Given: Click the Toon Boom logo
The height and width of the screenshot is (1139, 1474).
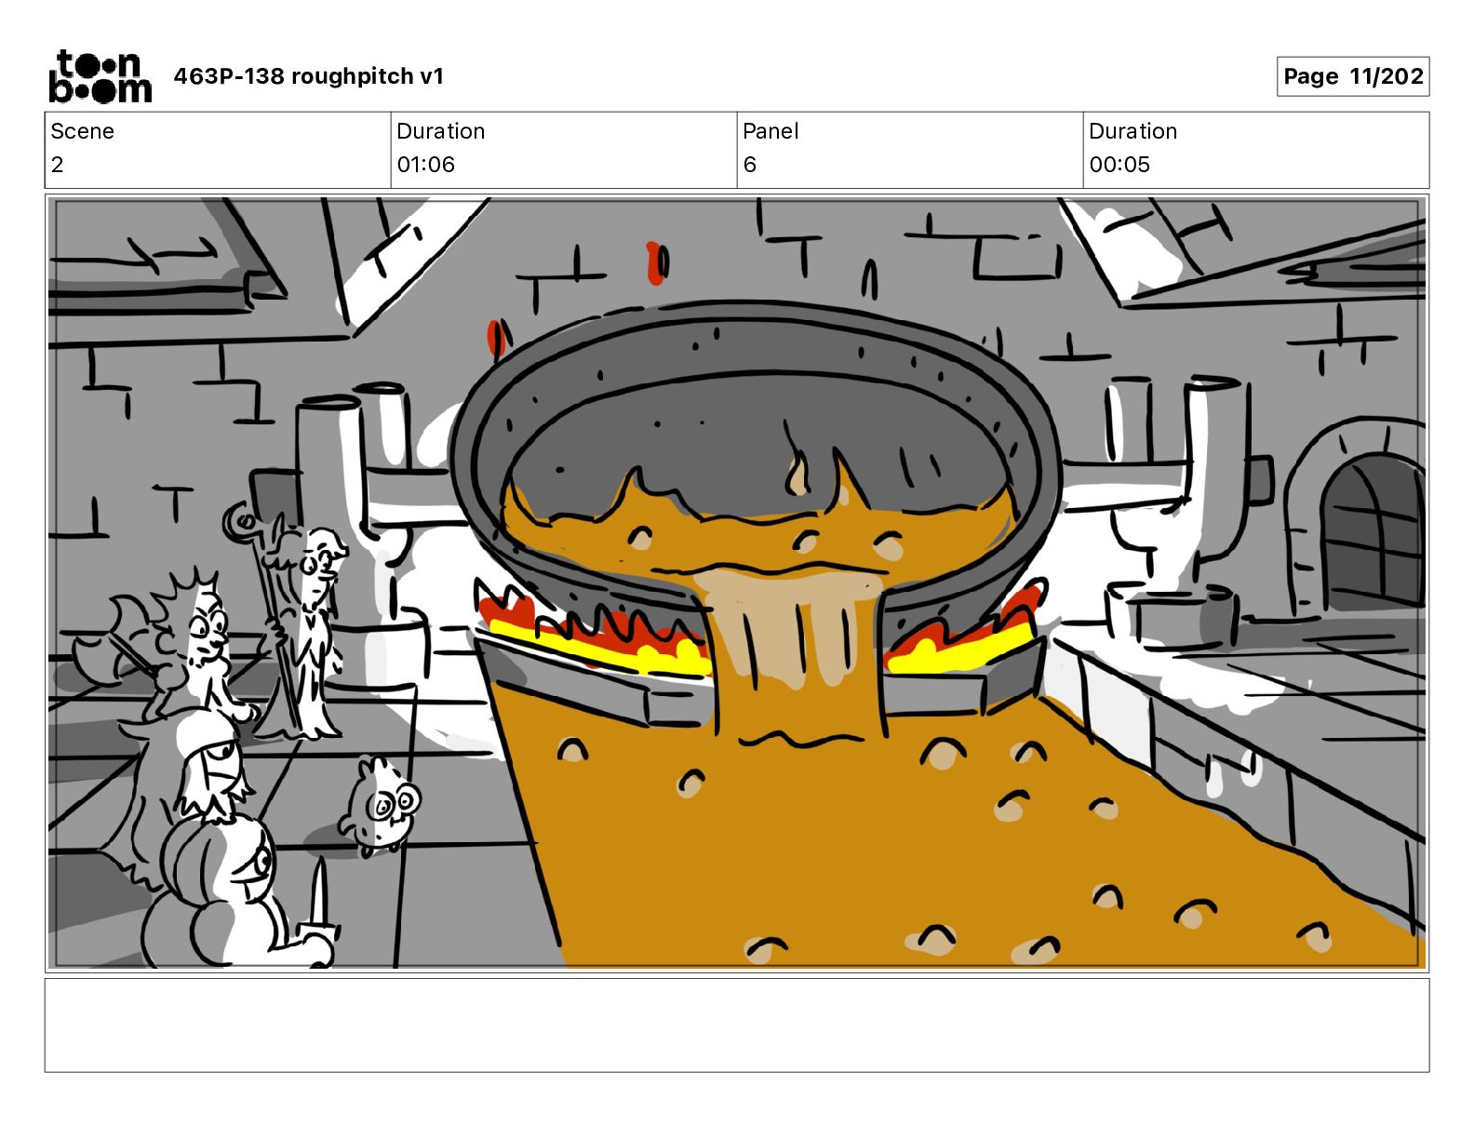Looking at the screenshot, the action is pos(100,76).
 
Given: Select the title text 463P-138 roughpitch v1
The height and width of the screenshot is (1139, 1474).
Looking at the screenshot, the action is pos(308,76).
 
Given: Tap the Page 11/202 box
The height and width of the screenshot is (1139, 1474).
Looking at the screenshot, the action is pos(1352,76).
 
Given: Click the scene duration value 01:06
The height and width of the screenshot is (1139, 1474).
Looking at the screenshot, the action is pos(425,165).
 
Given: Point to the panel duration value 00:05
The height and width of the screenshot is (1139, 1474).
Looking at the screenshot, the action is pos(1119,165).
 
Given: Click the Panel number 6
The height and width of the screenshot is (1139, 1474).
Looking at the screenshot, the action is pos(749,165).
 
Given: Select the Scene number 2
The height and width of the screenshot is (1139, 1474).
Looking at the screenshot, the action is pos(58,165).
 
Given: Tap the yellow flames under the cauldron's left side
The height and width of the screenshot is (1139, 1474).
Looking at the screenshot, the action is pos(596,646).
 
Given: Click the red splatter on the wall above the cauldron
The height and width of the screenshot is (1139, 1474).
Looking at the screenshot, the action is pos(656,262).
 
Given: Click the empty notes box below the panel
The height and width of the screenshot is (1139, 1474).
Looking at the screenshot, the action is pos(736,1025).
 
